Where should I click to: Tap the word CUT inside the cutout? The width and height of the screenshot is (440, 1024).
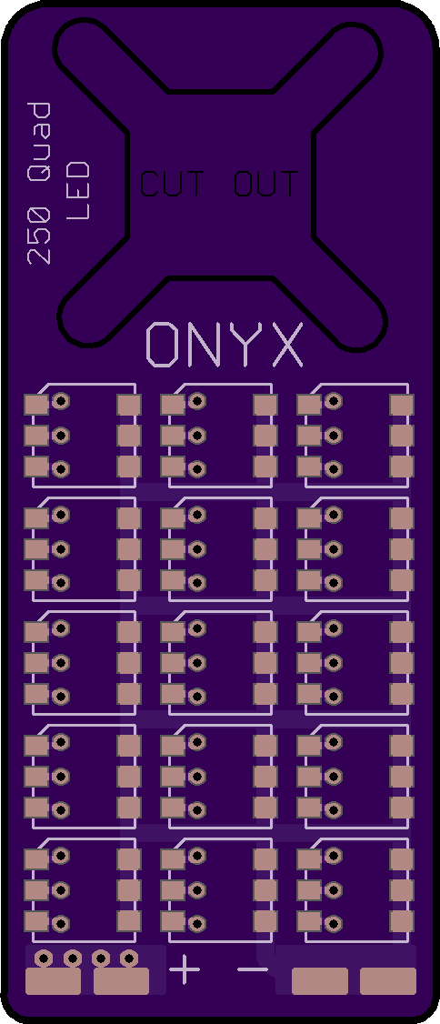tap(172, 184)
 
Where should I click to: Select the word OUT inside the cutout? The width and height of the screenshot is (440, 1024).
tap(266, 184)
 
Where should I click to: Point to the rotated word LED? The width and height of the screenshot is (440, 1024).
tap(77, 190)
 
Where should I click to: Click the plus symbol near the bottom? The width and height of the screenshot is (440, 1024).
tap(185, 969)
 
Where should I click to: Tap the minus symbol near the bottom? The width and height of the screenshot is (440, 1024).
tap(253, 969)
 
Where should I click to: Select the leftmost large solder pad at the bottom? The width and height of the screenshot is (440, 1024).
tap(53, 981)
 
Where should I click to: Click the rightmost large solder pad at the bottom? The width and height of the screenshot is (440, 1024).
tap(388, 981)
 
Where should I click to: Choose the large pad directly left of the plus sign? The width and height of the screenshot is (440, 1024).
tap(122, 981)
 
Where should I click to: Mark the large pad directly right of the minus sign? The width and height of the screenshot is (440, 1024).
tap(320, 981)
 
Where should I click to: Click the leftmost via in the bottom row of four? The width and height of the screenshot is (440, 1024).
tap(44, 958)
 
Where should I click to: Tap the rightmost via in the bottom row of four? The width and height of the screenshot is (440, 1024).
tap(128, 958)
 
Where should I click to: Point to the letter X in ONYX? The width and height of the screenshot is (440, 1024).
tap(287, 344)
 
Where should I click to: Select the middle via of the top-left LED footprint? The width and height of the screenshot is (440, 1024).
tap(61, 435)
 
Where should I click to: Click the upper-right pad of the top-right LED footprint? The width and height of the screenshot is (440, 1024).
tap(402, 405)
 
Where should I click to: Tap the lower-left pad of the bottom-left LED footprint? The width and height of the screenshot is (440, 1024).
tap(36, 921)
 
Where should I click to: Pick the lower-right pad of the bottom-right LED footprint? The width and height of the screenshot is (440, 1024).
tap(402, 921)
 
